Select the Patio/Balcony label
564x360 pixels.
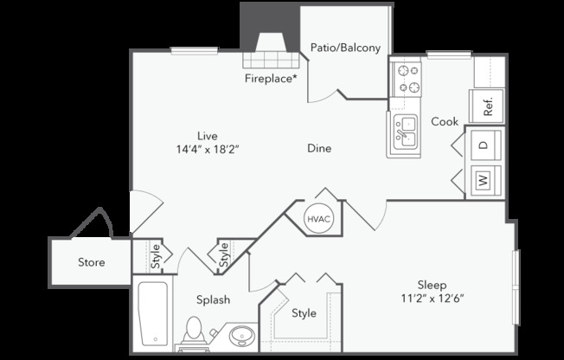pyautogui.click(x=345, y=48)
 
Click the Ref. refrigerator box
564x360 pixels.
pyautogui.click(x=487, y=106)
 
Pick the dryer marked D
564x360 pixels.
pyautogui.click(x=485, y=145)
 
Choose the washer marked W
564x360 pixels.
pyautogui.click(x=485, y=180)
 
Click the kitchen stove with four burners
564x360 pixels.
pyautogui.click(x=407, y=80)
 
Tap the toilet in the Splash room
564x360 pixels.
pyautogui.click(x=195, y=332)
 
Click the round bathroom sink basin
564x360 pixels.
pyautogui.click(x=242, y=337)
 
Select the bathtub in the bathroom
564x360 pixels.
pyautogui.click(x=153, y=313)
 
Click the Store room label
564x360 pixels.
pyautogui.click(x=92, y=262)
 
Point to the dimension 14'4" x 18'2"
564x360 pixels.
pyautogui.click(x=208, y=149)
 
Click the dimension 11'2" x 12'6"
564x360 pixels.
pyautogui.click(x=432, y=299)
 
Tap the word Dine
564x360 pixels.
pyautogui.click(x=319, y=148)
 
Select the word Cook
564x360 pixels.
pyautogui.click(x=445, y=122)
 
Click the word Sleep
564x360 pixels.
pyautogui.click(x=432, y=286)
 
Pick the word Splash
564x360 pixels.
pyautogui.click(x=213, y=300)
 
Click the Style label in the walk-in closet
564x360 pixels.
pyautogui.click(x=304, y=313)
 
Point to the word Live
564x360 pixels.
pyautogui.click(x=208, y=136)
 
